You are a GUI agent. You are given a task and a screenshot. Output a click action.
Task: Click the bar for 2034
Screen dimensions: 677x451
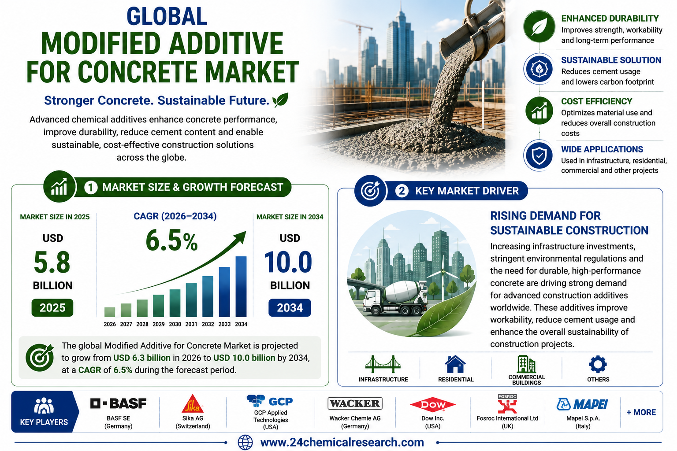(241, 286)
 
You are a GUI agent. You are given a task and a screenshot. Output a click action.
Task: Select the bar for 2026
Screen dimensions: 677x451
(110, 312)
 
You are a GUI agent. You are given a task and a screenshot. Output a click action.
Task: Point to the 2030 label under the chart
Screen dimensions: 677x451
(175, 324)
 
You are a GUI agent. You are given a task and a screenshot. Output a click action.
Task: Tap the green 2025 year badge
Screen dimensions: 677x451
(52, 307)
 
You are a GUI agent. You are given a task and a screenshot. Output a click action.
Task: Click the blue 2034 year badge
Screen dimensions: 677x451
(290, 307)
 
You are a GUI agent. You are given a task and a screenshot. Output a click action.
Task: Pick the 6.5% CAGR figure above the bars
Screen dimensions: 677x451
(171, 240)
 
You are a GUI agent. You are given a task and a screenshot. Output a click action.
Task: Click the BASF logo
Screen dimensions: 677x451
(118, 403)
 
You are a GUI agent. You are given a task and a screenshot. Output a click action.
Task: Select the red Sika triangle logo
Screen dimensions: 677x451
(193, 403)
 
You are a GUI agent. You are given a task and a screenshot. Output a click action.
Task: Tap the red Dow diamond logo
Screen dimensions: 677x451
(432, 405)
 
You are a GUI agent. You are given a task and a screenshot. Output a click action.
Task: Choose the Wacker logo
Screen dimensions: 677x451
(355, 403)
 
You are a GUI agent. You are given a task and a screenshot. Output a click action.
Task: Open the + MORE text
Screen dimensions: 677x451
(641, 412)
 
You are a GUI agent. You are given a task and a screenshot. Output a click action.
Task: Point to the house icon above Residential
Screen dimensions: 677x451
(455, 364)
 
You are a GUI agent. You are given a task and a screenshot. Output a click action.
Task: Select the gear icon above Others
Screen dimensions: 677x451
(598, 364)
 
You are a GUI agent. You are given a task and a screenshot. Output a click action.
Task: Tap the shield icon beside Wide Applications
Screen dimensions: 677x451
(539, 156)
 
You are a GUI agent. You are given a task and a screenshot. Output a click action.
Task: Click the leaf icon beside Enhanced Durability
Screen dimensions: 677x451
(539, 26)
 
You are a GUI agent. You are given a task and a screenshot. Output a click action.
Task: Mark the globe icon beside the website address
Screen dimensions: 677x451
(245, 443)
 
